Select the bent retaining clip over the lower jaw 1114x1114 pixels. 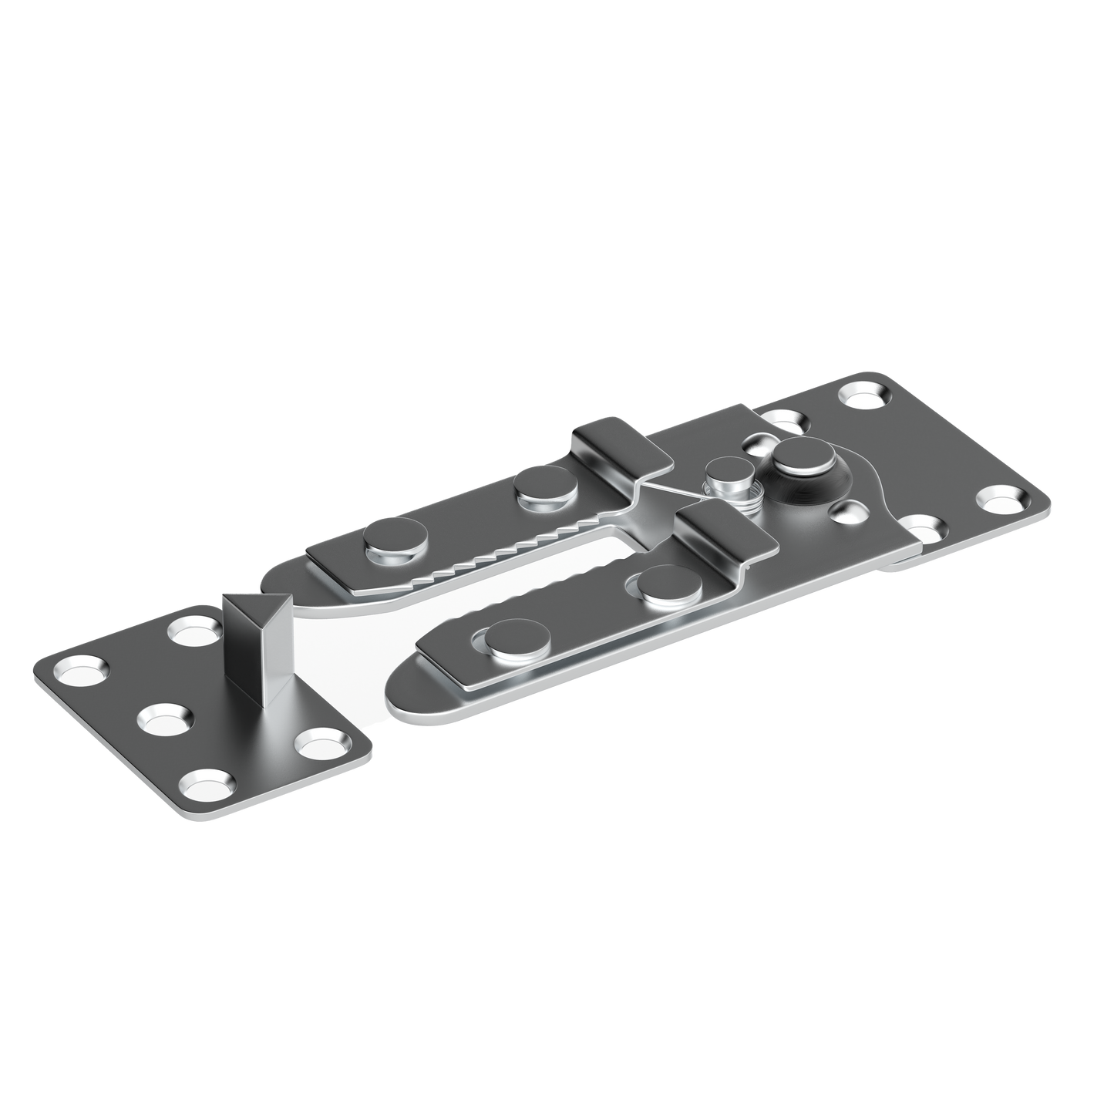[x=725, y=533]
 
